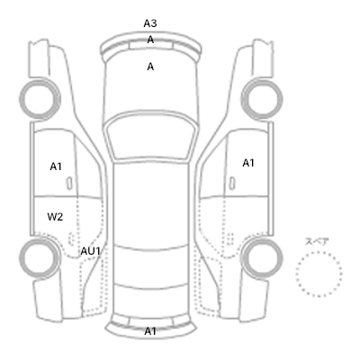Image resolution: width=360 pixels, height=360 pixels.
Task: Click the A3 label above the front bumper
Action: point(150,23)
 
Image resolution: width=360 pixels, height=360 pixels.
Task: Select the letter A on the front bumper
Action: point(150,40)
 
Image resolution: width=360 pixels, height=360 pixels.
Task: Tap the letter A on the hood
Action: point(150,67)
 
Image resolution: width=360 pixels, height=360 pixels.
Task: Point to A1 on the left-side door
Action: point(56,166)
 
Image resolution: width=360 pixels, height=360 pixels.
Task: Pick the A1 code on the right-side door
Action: point(248,163)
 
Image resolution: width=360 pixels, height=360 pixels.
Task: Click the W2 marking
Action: point(55,216)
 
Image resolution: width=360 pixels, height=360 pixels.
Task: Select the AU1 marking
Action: point(90,251)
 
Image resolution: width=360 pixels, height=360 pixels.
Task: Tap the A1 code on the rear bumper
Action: point(150,331)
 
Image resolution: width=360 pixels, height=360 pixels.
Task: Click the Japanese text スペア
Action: point(317,241)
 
